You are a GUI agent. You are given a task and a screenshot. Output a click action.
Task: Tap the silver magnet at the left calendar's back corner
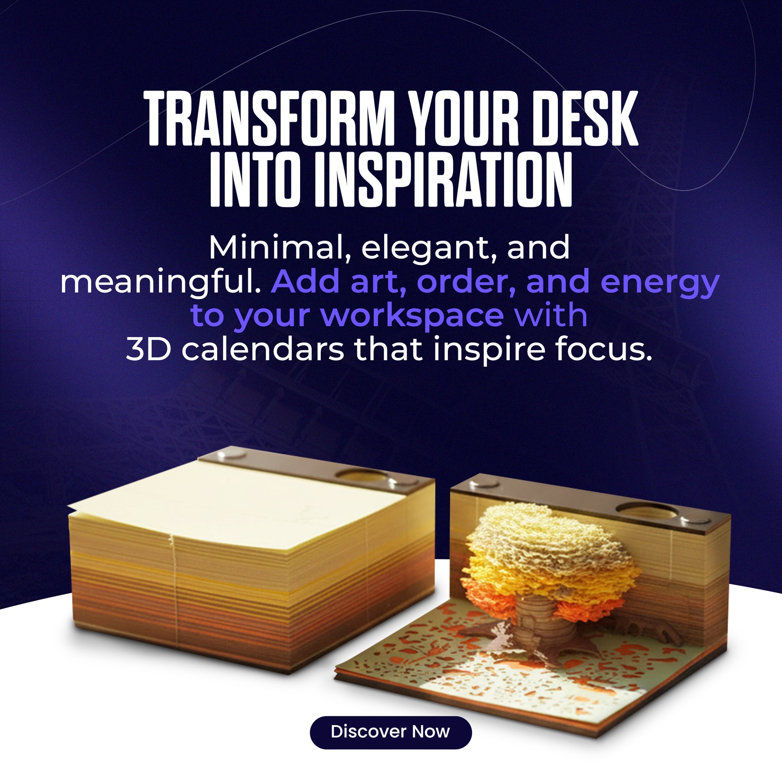tap(231, 455)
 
